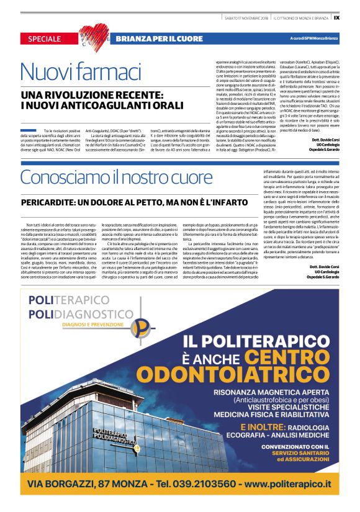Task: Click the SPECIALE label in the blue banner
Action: pos(44,39)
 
